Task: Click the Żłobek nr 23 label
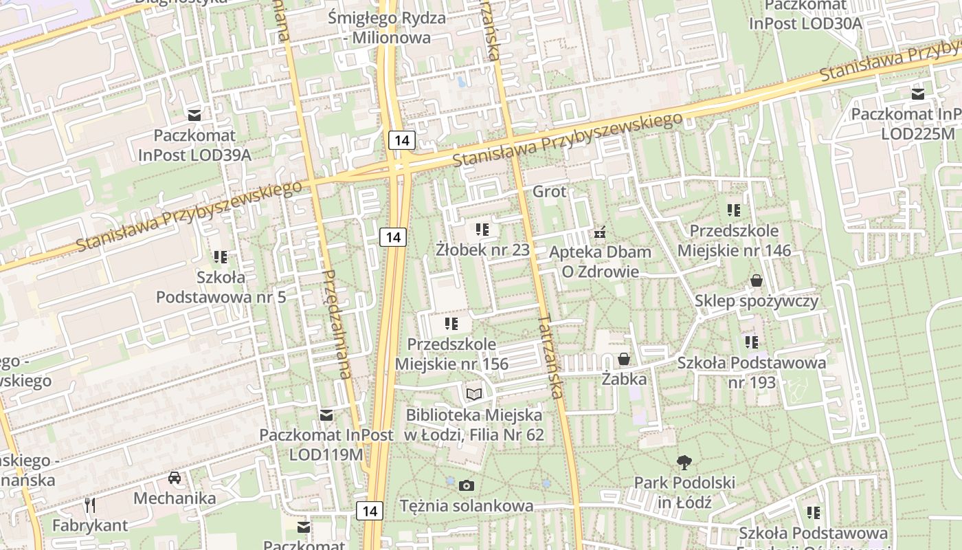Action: [483, 250]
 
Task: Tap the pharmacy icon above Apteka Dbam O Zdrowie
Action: [601, 232]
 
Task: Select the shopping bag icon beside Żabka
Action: [624, 359]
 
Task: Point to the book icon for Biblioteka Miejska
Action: [474, 394]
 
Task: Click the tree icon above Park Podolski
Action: [684, 463]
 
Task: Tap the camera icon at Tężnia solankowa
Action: [467, 486]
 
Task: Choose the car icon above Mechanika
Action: [175, 478]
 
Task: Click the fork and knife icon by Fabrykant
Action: [90, 506]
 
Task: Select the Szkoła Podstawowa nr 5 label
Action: [221, 287]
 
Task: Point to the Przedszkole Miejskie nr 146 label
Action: [734, 241]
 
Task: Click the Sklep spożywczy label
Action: [757, 301]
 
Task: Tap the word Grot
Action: [550, 192]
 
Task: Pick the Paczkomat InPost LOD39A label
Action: [194, 145]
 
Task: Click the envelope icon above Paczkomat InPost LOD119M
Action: [326, 415]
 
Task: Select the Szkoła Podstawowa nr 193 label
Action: [752, 372]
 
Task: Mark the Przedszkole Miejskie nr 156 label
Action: [451, 353]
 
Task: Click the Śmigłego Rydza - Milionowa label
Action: [387, 27]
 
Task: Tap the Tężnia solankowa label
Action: [467, 506]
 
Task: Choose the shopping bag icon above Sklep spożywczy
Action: [757, 280]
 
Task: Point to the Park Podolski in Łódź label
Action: [684, 492]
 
